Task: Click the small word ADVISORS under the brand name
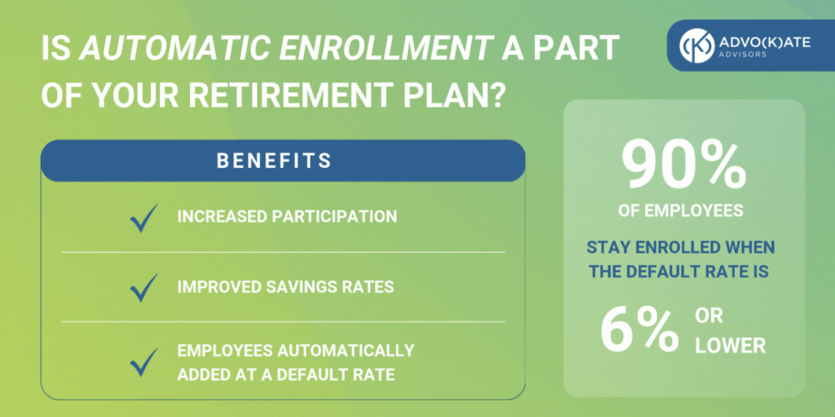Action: tap(744, 55)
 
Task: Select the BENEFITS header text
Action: tap(274, 161)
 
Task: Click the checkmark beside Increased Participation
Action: tap(144, 218)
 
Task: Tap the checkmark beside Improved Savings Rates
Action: tap(144, 288)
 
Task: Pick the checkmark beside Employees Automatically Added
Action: tap(144, 362)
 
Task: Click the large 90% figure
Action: tap(684, 167)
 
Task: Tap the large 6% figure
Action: tap(639, 330)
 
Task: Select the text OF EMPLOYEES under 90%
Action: tap(681, 211)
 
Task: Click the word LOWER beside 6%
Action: tap(730, 346)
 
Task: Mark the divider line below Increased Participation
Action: tap(283, 252)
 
